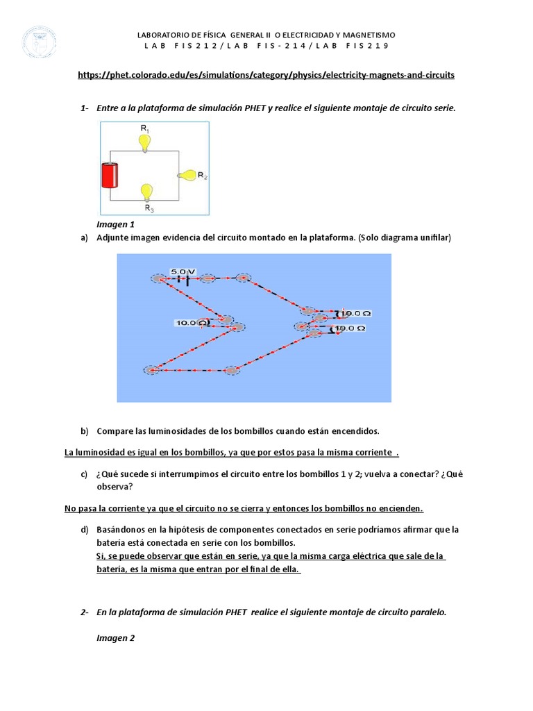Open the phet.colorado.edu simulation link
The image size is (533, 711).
click(x=266, y=74)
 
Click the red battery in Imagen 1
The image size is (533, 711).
click(x=110, y=175)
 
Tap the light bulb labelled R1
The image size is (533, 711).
click(x=144, y=142)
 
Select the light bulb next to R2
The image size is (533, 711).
click(x=187, y=176)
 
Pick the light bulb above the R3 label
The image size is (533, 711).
click(x=146, y=192)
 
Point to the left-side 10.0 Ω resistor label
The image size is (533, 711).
click(x=190, y=323)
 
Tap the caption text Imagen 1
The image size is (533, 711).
click(x=115, y=224)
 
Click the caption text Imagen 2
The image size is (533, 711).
click(x=115, y=637)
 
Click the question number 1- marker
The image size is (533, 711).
click(x=85, y=108)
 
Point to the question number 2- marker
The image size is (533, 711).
click(x=85, y=612)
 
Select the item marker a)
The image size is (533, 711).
click(x=85, y=237)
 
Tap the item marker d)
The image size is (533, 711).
click(x=85, y=529)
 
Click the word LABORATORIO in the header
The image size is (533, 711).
click(x=164, y=35)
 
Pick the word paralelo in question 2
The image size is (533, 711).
click(x=428, y=612)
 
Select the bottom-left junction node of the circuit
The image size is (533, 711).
click(x=151, y=370)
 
